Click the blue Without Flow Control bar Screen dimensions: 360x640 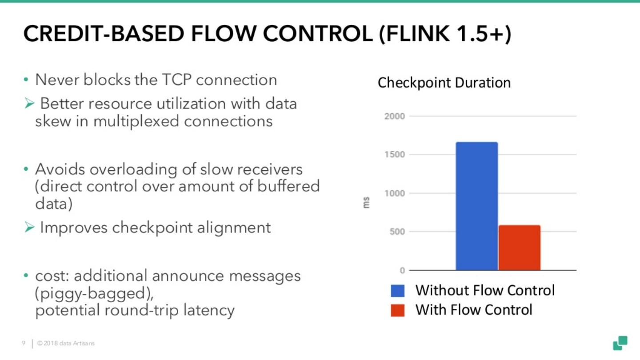[476, 206]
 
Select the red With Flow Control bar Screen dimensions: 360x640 [519, 248]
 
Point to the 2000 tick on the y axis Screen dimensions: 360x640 [395, 116]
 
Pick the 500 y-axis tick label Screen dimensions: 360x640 [397, 232]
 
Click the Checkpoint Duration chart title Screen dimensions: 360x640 [444, 83]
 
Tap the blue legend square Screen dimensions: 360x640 [397, 291]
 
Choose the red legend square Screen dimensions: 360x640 [397, 310]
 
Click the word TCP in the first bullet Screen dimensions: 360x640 [175, 80]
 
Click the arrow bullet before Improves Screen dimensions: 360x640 [29, 228]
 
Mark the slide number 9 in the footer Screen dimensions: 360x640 [23, 344]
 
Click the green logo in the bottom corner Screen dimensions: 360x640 [620, 343]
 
